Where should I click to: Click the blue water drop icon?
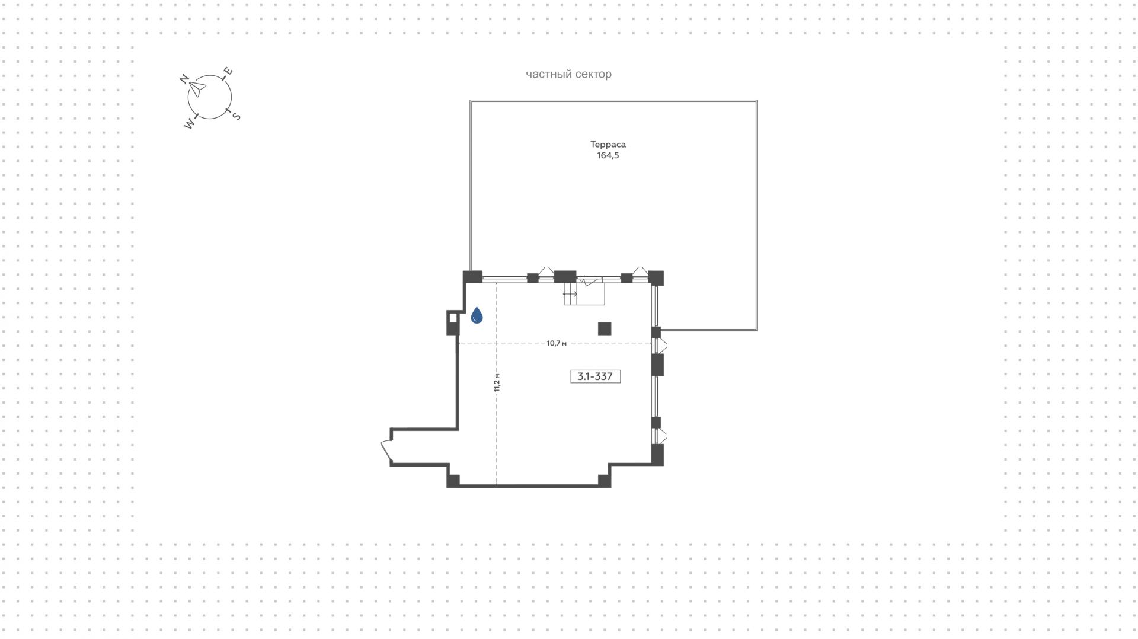point(477,315)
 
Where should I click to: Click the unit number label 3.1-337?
point(595,376)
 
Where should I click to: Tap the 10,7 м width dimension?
point(557,343)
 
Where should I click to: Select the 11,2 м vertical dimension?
point(497,382)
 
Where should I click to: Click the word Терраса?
point(608,145)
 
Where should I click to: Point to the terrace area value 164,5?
point(608,156)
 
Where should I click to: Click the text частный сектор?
point(568,74)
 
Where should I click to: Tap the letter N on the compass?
point(184,79)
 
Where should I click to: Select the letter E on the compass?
point(228,72)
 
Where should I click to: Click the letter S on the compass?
point(236,116)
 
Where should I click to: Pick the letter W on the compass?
point(189,124)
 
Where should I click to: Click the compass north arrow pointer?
point(197,90)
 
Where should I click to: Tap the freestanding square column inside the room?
point(605,328)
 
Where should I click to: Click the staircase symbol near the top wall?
point(584,292)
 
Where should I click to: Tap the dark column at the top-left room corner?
point(472,277)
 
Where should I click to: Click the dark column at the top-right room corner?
point(656,277)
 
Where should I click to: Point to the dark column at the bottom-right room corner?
point(657,455)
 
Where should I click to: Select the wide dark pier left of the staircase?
point(565,276)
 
